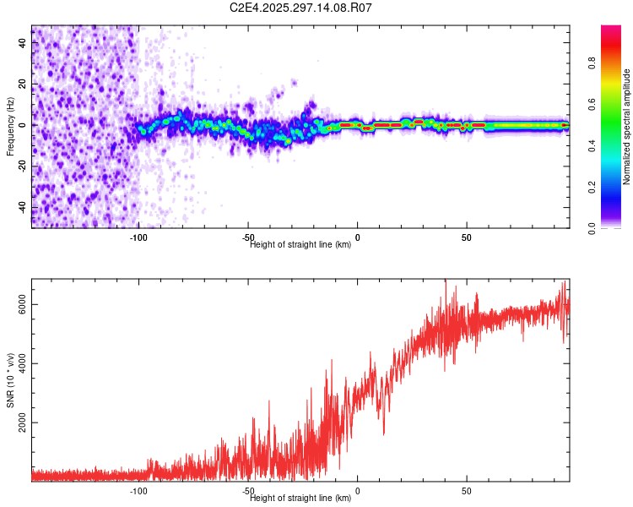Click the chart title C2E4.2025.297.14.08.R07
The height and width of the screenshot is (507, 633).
(301, 8)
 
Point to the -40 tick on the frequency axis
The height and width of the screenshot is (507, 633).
(22, 207)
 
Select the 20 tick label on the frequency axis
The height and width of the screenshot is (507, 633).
(22, 84)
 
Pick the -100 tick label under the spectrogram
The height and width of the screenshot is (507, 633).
(139, 237)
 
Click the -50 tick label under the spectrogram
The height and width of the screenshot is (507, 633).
(248, 237)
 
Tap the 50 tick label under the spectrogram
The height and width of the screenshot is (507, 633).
(467, 237)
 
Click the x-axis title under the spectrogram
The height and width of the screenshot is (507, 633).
(300, 245)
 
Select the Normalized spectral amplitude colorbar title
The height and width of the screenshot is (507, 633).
(626, 127)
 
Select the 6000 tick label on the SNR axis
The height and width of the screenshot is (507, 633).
(22, 304)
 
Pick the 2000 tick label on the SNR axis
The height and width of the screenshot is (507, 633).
(22, 422)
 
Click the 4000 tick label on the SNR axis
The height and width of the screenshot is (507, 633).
(22, 363)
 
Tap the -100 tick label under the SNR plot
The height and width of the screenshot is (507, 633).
(139, 491)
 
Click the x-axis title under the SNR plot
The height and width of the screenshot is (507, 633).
(300, 499)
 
